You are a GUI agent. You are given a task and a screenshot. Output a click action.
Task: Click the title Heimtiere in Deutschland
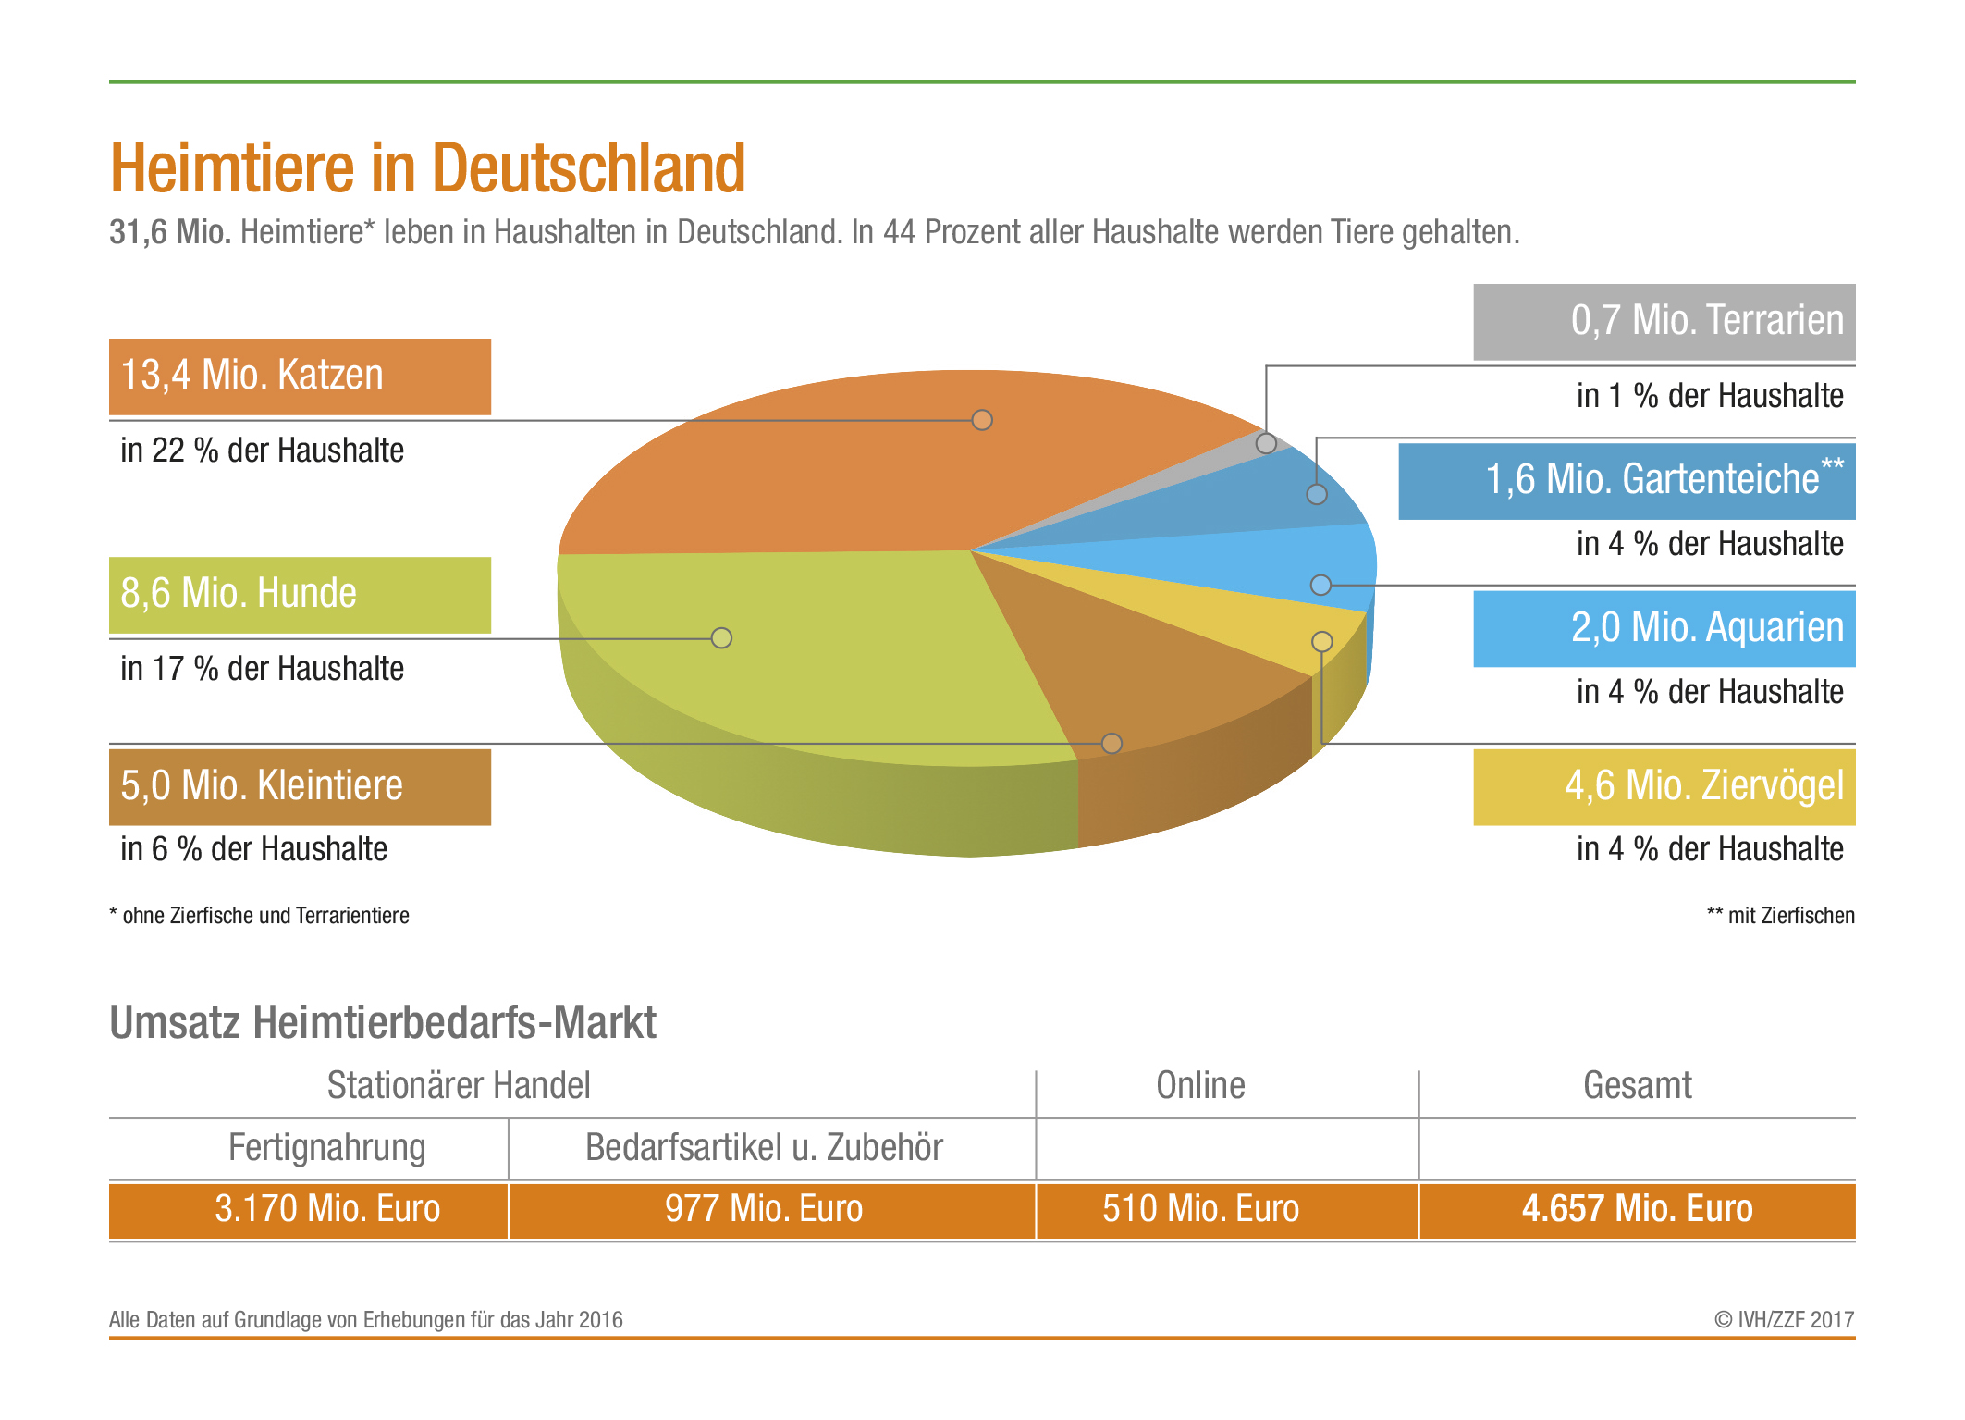[x=427, y=168]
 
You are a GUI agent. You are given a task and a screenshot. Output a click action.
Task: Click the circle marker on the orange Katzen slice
[x=982, y=420]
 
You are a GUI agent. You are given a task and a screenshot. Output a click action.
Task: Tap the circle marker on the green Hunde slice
[x=721, y=638]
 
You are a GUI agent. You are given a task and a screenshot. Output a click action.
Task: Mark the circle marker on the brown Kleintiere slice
[x=1111, y=744]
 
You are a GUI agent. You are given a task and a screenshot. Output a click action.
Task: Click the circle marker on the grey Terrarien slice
[x=1266, y=444]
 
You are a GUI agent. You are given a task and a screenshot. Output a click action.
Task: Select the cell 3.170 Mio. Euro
[x=327, y=1209]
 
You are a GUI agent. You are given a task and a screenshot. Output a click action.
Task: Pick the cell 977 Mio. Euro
[x=764, y=1209]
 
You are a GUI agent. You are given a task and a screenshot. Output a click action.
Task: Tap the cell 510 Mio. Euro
[x=1200, y=1209]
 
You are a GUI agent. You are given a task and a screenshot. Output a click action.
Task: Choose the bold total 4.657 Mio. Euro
[x=1637, y=1209]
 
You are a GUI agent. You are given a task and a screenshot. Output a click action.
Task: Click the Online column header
[x=1200, y=1086]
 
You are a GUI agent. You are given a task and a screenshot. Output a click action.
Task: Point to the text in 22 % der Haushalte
[x=262, y=451]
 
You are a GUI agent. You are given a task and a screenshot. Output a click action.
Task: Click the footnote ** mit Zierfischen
[x=1780, y=916]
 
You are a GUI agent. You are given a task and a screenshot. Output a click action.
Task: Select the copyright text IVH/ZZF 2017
[x=1784, y=1320]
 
